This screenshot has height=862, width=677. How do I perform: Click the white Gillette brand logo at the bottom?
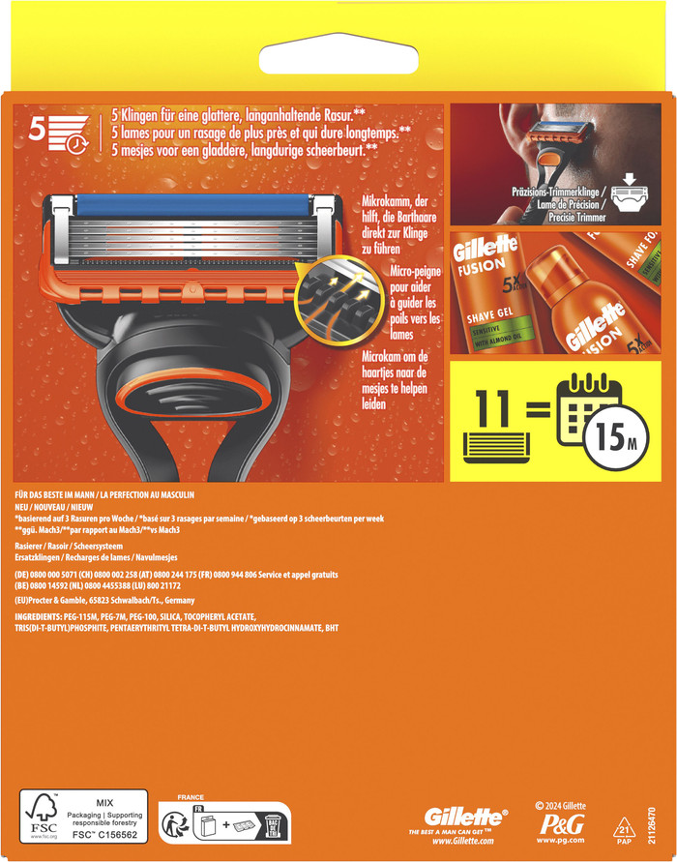click(465, 817)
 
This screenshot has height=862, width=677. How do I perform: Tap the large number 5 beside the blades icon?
click(38, 128)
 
